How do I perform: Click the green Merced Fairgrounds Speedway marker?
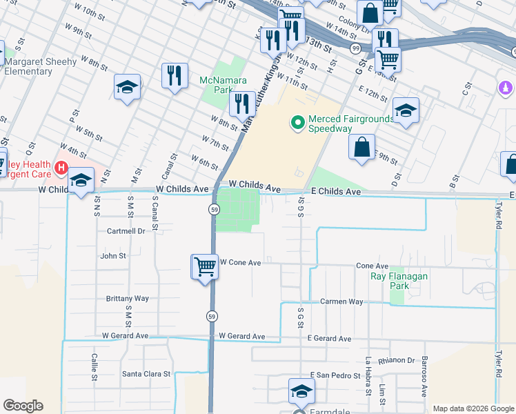[x=298, y=124]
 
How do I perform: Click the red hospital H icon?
[x=61, y=167]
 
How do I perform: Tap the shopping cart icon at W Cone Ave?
[x=205, y=266]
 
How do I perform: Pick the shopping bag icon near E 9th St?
[x=361, y=148]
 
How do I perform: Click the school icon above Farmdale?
[x=301, y=391]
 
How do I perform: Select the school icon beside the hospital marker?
[x=81, y=181]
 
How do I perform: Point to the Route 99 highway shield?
[x=355, y=48]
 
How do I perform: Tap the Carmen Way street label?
[x=341, y=302]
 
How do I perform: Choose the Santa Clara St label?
[x=146, y=374]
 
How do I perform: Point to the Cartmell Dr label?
[x=126, y=231]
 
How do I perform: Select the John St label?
[x=113, y=255]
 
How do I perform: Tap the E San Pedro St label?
[x=335, y=375]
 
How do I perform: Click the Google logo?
[x=23, y=406]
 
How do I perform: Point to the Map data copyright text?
[x=473, y=408]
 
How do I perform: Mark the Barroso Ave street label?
[x=425, y=376]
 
